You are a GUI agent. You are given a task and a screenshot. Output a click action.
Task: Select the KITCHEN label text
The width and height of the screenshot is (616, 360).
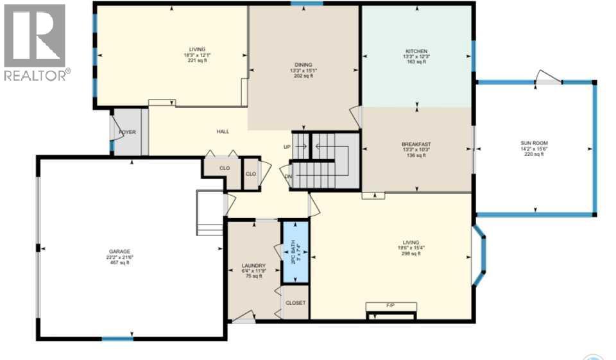point(416,51)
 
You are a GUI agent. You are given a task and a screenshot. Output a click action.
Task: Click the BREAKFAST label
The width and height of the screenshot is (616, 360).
point(415,144)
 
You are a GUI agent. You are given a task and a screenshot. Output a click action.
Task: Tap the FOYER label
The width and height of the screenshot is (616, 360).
point(127,132)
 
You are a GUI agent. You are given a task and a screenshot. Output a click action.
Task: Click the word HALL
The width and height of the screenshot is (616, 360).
point(223,132)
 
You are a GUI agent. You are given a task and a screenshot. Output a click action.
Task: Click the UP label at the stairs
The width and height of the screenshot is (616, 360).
point(287,147)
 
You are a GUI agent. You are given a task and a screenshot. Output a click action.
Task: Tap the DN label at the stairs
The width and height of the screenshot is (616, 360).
point(288,176)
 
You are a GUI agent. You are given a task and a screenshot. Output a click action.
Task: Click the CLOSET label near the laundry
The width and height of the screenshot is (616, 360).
point(295,302)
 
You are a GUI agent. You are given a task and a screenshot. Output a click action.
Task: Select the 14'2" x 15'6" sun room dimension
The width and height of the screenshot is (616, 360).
point(534,149)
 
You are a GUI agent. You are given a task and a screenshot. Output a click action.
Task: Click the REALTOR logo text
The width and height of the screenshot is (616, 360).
point(36,76)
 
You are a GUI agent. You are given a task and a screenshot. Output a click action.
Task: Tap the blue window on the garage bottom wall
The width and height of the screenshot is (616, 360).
point(117,338)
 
